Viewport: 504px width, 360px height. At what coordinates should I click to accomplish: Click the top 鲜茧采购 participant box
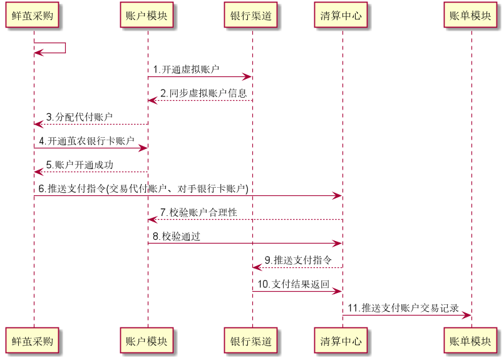[x=32, y=16]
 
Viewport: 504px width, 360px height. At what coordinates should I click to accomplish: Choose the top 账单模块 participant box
[x=470, y=16]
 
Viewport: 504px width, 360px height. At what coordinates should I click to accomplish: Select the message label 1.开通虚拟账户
[x=187, y=69]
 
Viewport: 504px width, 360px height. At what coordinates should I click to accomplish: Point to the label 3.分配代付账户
[x=79, y=117]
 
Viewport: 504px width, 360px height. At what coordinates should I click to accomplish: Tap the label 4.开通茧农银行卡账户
[x=86, y=141]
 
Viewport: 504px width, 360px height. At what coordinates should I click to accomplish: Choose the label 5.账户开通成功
[x=80, y=165]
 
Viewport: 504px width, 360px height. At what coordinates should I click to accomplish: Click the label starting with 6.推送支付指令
[x=143, y=188]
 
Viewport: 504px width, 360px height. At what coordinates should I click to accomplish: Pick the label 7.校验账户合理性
[x=198, y=212]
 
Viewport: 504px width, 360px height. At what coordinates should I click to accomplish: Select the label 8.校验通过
[x=177, y=236]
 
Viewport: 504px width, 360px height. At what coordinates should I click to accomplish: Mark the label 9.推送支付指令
[x=298, y=260]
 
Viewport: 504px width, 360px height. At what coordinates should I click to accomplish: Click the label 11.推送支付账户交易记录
[x=403, y=307]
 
